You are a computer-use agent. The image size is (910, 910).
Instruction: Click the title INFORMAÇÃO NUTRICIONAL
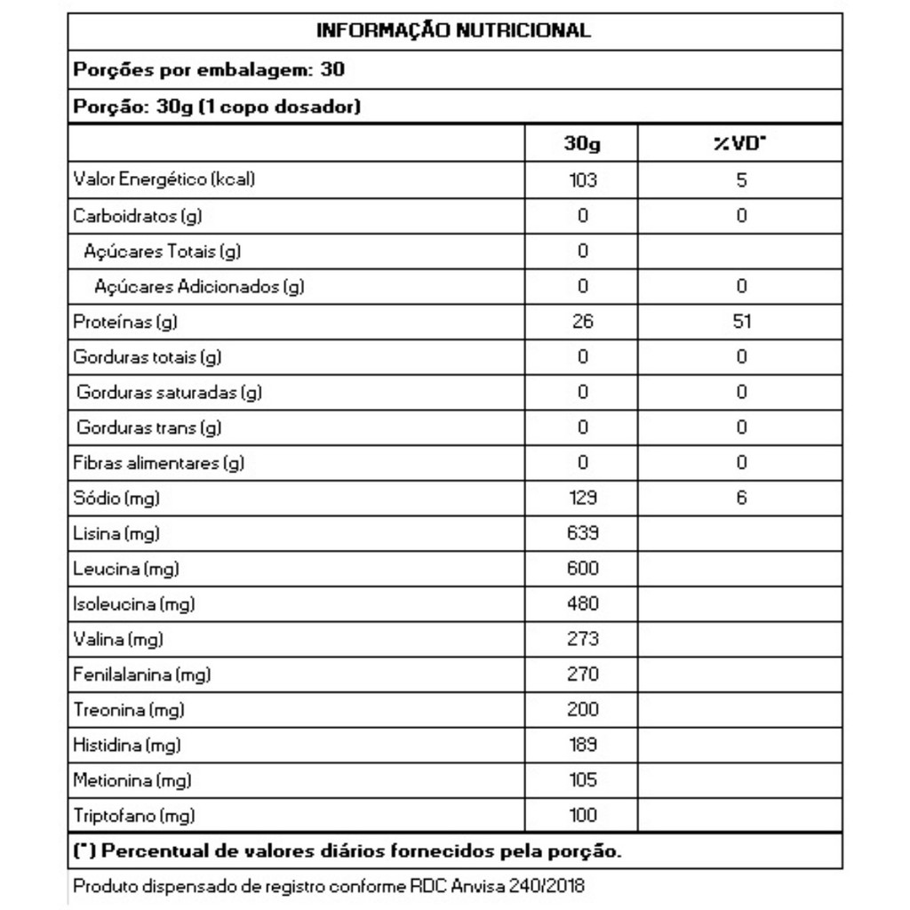tap(454, 31)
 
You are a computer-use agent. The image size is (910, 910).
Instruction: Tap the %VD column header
tap(740, 143)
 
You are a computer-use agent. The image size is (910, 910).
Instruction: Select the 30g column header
tap(582, 143)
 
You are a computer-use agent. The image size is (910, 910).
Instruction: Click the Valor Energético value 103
tap(582, 180)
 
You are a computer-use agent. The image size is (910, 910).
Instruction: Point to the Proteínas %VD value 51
tap(741, 322)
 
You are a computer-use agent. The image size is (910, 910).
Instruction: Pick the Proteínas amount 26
tap(582, 322)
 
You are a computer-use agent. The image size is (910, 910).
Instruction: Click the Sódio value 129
tap(582, 498)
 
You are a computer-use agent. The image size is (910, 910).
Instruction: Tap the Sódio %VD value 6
tap(741, 498)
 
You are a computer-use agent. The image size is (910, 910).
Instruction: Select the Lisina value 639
tap(582, 533)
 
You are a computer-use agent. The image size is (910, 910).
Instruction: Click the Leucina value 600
tap(582, 568)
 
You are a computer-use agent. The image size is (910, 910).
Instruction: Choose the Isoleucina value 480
tap(582, 603)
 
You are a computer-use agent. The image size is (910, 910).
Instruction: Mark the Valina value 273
tap(582, 639)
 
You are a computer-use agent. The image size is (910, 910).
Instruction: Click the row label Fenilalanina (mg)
tap(142, 675)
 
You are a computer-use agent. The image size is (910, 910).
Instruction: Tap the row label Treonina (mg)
tap(129, 710)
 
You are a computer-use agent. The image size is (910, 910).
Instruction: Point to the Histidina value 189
tap(582, 745)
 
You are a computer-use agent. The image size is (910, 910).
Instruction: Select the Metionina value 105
tap(582, 780)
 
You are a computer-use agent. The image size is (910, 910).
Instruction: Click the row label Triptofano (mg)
tap(134, 815)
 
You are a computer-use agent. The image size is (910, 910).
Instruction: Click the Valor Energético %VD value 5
tap(741, 180)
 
